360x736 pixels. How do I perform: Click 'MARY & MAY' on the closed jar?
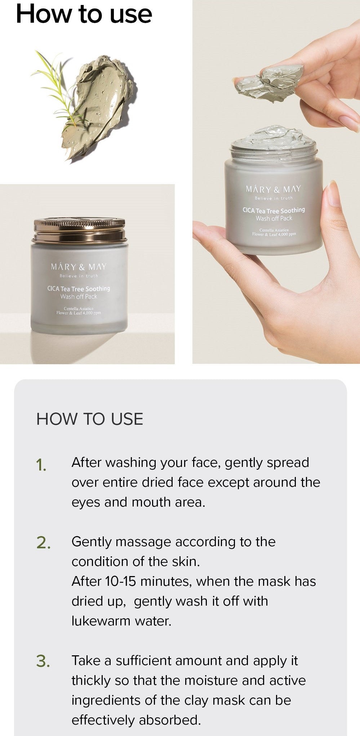[x=79, y=267]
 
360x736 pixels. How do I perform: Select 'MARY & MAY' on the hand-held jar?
[x=273, y=189]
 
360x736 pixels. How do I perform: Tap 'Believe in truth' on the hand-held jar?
[x=274, y=198]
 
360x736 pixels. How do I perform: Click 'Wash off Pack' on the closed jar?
[x=79, y=296]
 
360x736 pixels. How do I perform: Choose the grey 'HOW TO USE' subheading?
[x=90, y=419]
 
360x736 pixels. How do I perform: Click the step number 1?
[x=41, y=465]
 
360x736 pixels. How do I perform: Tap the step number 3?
[x=43, y=661]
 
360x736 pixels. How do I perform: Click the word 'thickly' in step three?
[x=91, y=681]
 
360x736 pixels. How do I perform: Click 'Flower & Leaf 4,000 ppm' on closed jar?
[x=79, y=313]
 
